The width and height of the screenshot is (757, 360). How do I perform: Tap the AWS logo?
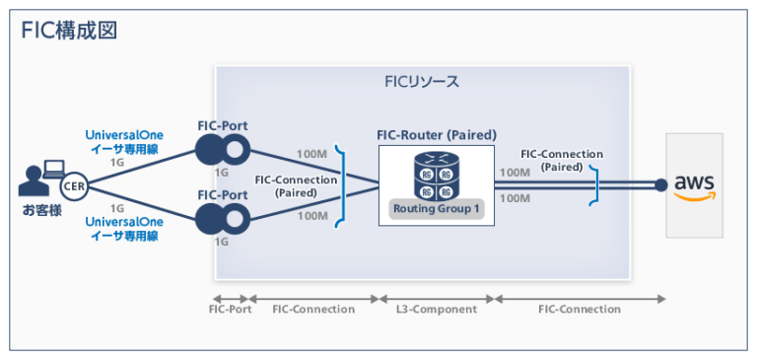point(694,184)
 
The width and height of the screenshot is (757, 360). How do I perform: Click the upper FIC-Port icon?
point(222,150)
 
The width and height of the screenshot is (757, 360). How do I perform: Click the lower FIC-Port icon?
point(222,218)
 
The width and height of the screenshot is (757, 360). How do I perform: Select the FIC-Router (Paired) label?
point(437,134)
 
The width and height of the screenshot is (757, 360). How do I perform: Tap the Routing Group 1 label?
point(436,209)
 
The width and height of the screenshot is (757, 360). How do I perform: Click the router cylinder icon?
point(436,174)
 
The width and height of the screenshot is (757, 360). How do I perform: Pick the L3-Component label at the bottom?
point(436,309)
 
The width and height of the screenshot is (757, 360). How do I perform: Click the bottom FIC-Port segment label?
point(231,309)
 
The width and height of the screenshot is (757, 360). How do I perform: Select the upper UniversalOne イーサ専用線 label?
point(124,142)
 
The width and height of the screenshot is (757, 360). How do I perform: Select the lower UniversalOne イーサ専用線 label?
point(124,230)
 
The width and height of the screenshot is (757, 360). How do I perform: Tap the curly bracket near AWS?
point(594,184)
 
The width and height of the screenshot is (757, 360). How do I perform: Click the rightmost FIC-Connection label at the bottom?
point(580,309)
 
